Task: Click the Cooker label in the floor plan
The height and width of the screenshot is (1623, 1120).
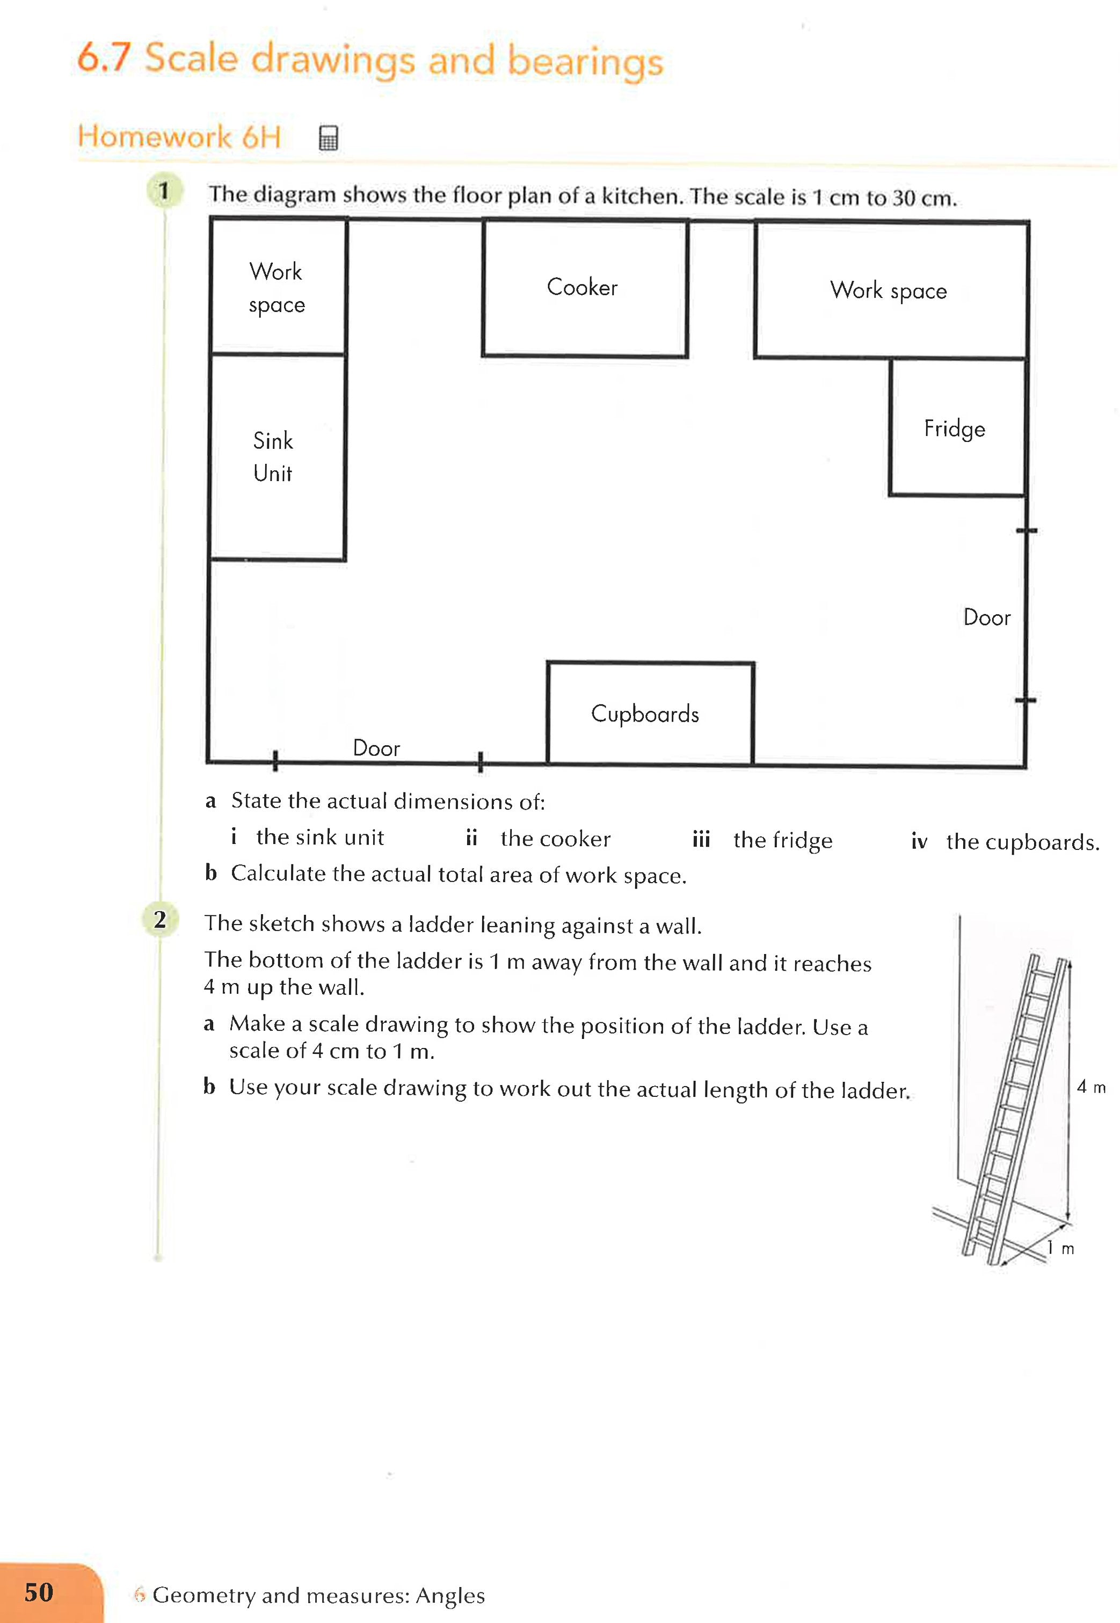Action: (x=582, y=287)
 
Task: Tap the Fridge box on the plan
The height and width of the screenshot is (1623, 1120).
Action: (x=956, y=427)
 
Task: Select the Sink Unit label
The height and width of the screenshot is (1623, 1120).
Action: (x=272, y=457)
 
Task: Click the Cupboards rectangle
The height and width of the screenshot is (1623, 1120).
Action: (x=649, y=712)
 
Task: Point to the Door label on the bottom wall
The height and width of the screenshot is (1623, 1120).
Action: (x=376, y=748)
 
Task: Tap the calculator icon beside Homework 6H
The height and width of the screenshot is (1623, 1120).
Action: (x=328, y=137)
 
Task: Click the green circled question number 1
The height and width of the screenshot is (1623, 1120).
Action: (x=164, y=191)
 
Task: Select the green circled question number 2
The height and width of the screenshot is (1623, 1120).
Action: (x=160, y=919)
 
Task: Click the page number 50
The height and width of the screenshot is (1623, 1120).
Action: (x=39, y=1592)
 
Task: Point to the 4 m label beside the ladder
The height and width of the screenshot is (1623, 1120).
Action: (x=1090, y=1087)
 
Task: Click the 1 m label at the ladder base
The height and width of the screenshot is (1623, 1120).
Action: (x=1060, y=1248)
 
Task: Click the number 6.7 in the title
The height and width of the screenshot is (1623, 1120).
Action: (x=104, y=57)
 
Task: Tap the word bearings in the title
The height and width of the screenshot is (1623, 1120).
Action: (x=585, y=62)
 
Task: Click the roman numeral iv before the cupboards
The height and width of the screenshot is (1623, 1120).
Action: (x=919, y=841)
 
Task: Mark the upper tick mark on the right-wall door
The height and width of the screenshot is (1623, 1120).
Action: (x=1026, y=531)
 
